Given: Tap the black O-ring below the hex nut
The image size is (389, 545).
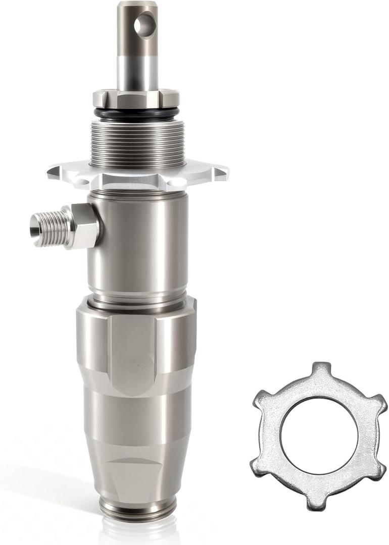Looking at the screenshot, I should click(x=136, y=113).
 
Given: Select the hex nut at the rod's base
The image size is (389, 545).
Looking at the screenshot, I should click(x=136, y=98).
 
